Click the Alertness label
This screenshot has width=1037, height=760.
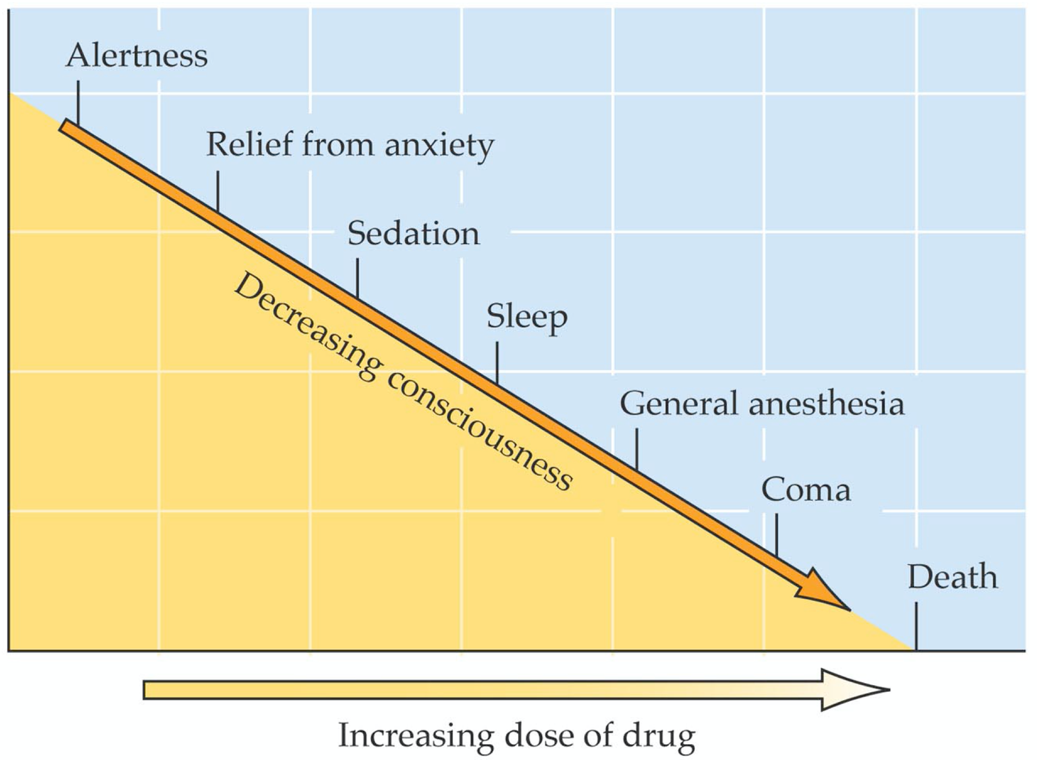pyautogui.click(x=136, y=56)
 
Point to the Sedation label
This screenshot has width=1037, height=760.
pyautogui.click(x=414, y=234)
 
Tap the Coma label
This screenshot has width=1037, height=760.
pyautogui.click(x=806, y=490)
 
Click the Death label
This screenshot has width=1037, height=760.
pyautogui.click(x=952, y=577)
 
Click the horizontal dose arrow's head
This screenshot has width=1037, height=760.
pyautogui.click(x=853, y=690)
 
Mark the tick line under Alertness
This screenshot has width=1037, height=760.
pyautogui.click(x=78, y=103)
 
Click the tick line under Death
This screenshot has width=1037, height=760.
pyautogui.click(x=916, y=626)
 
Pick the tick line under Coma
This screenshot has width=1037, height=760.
pyautogui.click(x=776, y=535)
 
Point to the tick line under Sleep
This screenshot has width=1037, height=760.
pyautogui.click(x=497, y=362)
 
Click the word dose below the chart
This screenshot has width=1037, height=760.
pyautogui.click(x=538, y=736)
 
